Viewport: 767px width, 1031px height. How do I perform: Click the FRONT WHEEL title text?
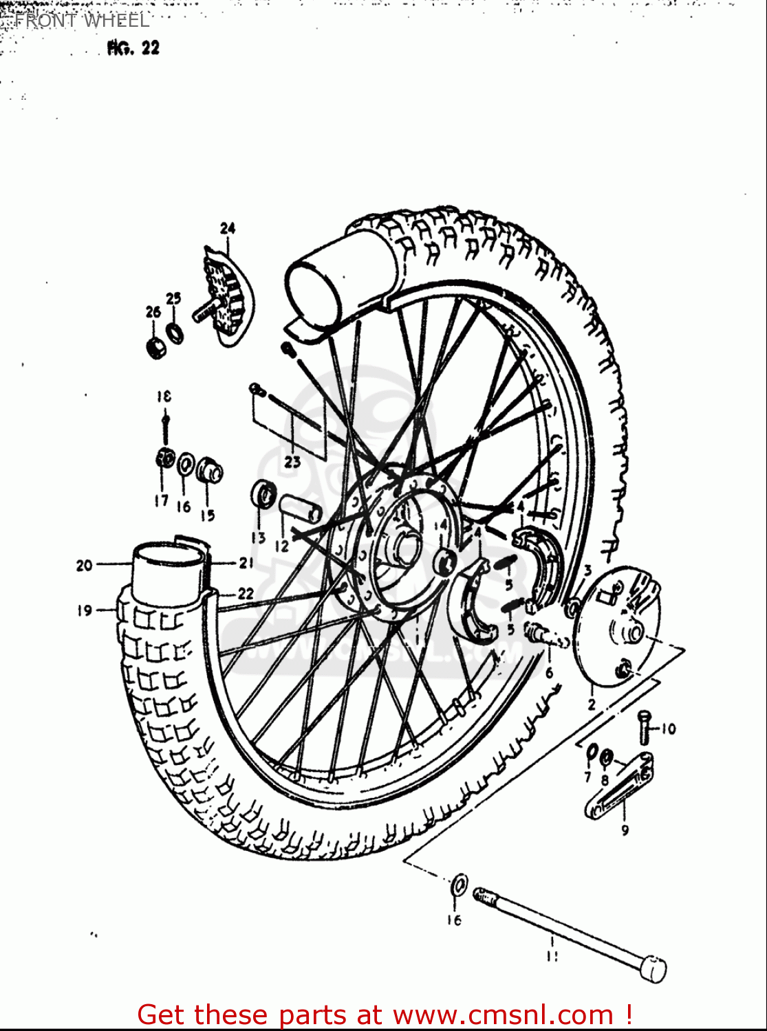click(x=81, y=21)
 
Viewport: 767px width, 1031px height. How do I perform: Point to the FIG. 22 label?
click(x=133, y=48)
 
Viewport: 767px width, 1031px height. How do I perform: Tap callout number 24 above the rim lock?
click(x=227, y=228)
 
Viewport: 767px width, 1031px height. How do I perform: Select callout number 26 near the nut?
click(x=153, y=312)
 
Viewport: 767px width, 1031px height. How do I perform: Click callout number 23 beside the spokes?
click(x=292, y=462)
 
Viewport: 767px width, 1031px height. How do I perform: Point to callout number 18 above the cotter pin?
click(x=163, y=396)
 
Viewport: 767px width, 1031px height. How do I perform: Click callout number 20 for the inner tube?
click(x=84, y=566)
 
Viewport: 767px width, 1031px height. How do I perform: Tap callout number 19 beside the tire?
click(x=85, y=610)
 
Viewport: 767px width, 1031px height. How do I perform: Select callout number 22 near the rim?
click(x=246, y=593)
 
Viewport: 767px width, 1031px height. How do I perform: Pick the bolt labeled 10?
click(x=644, y=727)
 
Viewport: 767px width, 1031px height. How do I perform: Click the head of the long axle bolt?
click(x=652, y=968)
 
